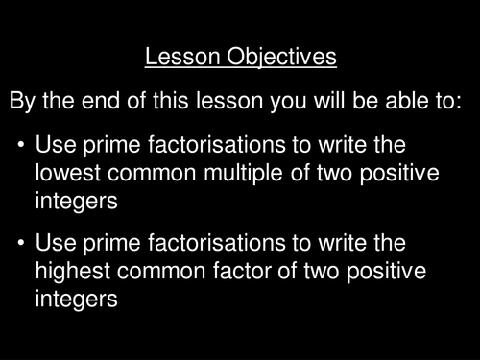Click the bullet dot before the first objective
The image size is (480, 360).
(x=20, y=146)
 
